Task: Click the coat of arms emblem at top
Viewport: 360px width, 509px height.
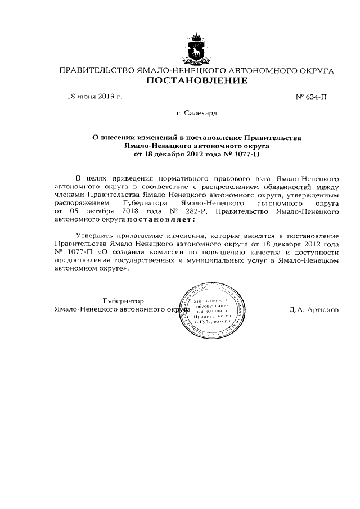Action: click(x=197, y=49)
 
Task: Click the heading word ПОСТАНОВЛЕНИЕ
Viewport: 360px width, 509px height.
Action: click(x=197, y=82)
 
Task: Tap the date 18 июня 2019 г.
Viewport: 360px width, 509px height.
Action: click(x=94, y=96)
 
